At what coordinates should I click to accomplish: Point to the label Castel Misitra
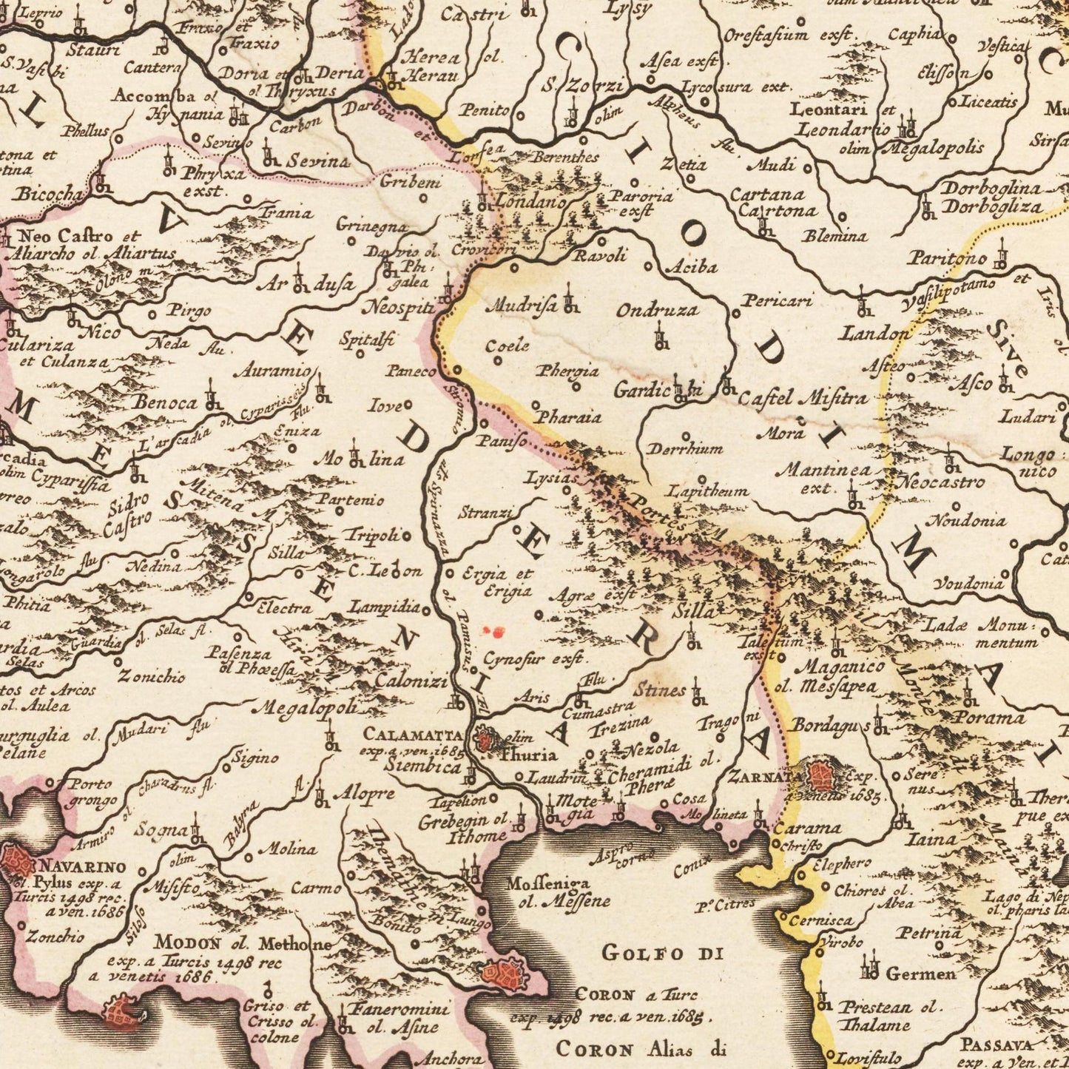[x=803, y=398]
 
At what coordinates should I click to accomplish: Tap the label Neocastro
[x=941, y=483]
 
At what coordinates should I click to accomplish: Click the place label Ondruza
[x=658, y=309]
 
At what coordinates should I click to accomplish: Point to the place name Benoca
[x=165, y=402]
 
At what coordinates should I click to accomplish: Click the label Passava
[x=994, y=1045]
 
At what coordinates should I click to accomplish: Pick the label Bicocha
[x=49, y=194]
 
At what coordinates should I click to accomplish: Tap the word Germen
[x=920, y=974]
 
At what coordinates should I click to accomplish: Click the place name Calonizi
[x=411, y=680]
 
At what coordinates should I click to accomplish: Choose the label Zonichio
[x=161, y=675]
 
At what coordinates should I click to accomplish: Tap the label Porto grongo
[x=92, y=792]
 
